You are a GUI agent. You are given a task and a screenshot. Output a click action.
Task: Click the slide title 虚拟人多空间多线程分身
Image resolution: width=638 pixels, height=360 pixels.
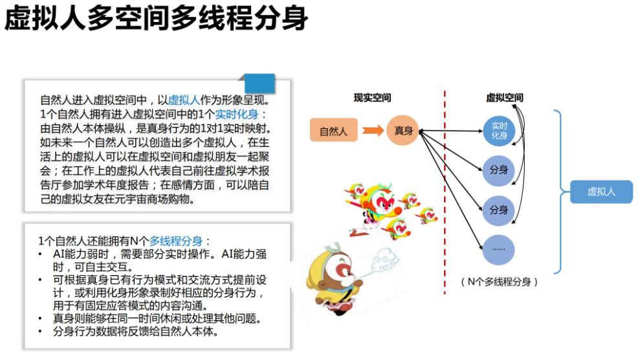point(156,19)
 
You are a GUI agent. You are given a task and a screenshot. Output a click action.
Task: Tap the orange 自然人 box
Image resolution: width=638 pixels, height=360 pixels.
point(333,131)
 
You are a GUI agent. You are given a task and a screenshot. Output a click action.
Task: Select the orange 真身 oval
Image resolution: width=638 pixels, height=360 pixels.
point(403,131)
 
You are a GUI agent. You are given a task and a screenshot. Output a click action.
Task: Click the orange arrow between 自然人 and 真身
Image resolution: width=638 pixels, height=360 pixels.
point(372,131)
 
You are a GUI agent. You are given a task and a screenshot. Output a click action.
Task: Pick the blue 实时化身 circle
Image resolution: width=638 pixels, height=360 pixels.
point(499,131)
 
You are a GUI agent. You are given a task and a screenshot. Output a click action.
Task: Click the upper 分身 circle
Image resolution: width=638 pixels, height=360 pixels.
point(498,170)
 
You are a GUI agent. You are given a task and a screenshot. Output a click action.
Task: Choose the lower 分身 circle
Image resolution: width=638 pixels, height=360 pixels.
point(498,210)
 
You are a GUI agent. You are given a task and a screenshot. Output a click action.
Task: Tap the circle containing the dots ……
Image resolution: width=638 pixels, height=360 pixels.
point(498,249)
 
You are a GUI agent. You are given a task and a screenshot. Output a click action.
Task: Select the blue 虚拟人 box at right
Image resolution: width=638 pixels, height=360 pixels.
point(601,192)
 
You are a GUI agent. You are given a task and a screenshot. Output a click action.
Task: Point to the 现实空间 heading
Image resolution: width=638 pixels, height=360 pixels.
point(372,98)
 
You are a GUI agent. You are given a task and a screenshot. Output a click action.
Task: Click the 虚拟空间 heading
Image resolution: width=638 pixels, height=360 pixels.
point(504,98)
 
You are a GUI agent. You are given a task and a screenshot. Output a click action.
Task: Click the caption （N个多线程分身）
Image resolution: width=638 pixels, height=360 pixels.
point(500,282)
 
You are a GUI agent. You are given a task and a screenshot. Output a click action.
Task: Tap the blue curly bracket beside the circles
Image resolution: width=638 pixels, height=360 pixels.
point(560,192)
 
